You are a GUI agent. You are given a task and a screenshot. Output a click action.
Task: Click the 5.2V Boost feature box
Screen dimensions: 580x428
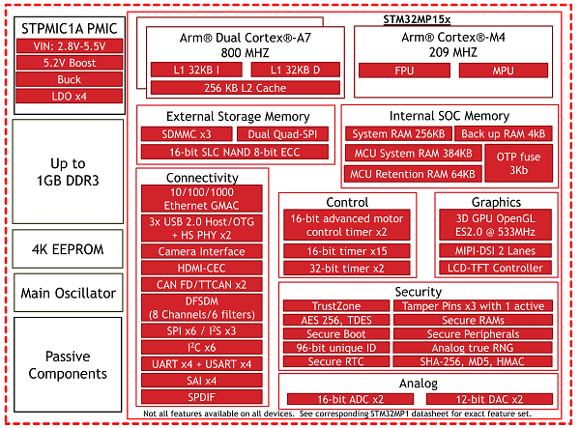[x=70, y=63]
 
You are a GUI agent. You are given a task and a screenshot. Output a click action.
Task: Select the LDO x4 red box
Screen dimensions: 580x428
[x=70, y=97]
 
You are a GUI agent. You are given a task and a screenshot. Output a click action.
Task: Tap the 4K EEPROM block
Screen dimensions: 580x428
[x=68, y=249]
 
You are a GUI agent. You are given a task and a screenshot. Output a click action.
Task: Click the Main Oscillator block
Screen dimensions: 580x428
[x=69, y=293]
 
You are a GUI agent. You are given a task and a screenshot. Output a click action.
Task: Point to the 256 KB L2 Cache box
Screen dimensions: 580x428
[x=246, y=88]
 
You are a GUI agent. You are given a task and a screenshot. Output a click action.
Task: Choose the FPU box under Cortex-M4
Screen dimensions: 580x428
[x=404, y=71]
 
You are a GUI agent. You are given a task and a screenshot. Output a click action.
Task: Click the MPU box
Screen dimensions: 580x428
[x=503, y=71]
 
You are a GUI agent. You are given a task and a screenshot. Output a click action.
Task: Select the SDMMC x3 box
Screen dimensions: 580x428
[x=187, y=134]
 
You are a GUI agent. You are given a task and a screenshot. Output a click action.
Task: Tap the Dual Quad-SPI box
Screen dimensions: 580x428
[x=282, y=134]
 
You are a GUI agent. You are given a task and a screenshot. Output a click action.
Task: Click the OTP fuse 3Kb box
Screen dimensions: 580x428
[x=518, y=163]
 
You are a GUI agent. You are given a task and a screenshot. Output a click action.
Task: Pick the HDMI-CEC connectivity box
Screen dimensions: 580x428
[x=202, y=268]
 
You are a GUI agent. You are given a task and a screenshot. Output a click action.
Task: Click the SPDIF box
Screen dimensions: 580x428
[x=202, y=397]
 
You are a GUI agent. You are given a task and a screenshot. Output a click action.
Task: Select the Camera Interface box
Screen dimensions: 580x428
[x=202, y=251]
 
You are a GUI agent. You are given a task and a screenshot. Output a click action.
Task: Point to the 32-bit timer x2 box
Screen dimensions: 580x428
[x=347, y=269]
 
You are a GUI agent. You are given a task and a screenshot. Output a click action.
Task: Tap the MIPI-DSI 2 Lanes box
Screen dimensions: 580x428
[x=495, y=251]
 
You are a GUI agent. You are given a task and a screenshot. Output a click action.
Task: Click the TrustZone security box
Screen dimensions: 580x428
[x=336, y=305]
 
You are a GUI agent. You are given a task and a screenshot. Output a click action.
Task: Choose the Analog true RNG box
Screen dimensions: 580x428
[x=473, y=348]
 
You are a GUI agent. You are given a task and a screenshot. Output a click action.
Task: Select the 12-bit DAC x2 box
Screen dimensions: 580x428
[x=489, y=399]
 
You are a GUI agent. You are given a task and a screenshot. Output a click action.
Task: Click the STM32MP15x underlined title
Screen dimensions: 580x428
[x=417, y=19]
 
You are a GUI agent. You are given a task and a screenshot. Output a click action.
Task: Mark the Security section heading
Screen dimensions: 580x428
[x=419, y=292]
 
